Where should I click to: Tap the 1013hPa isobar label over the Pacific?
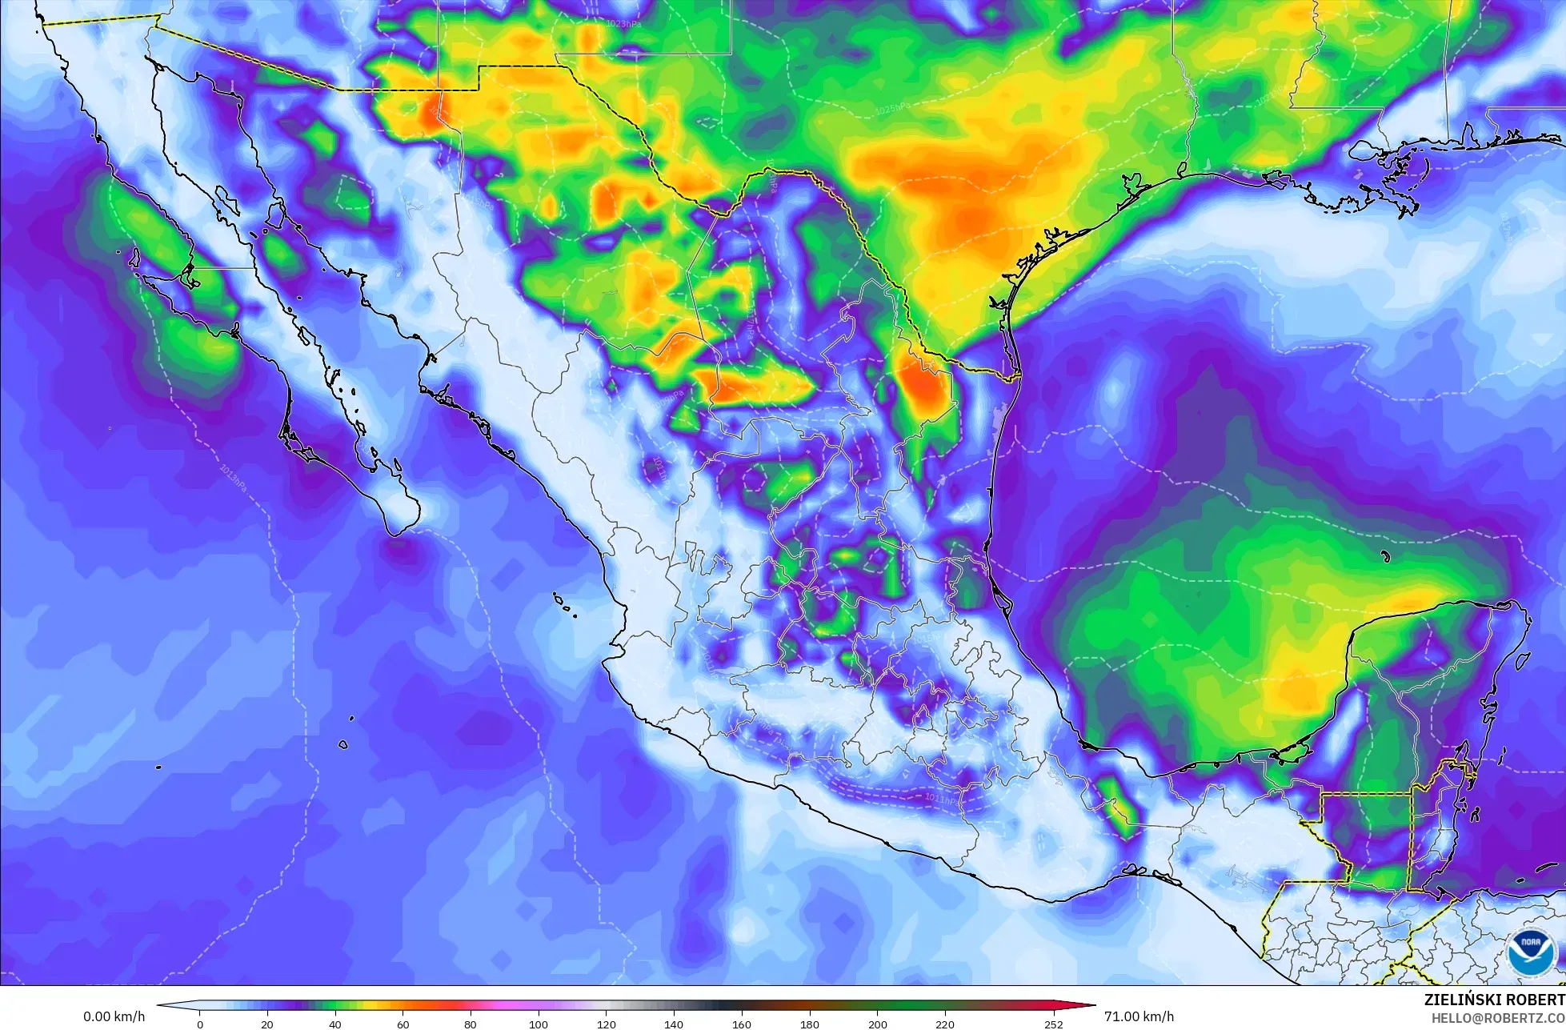[233, 478]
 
